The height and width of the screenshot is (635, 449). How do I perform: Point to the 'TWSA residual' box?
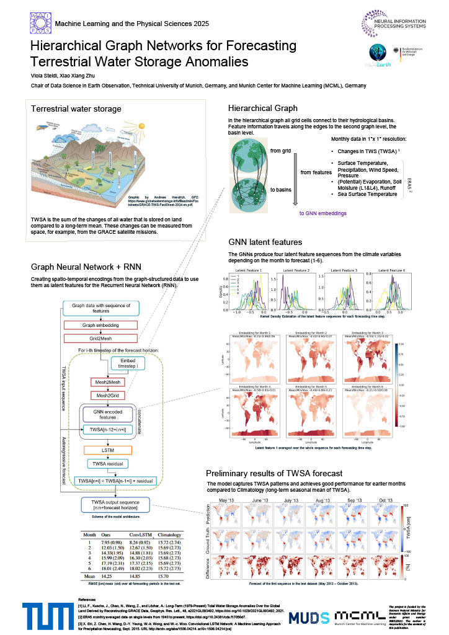pyautogui.click(x=109, y=464)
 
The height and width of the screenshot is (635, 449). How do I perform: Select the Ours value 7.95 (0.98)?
pyautogui.click(x=112, y=543)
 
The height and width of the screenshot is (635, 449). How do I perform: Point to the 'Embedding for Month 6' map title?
pyautogui.click(x=371, y=385)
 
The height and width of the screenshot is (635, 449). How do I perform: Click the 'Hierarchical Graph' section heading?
pyautogui.click(x=262, y=108)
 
